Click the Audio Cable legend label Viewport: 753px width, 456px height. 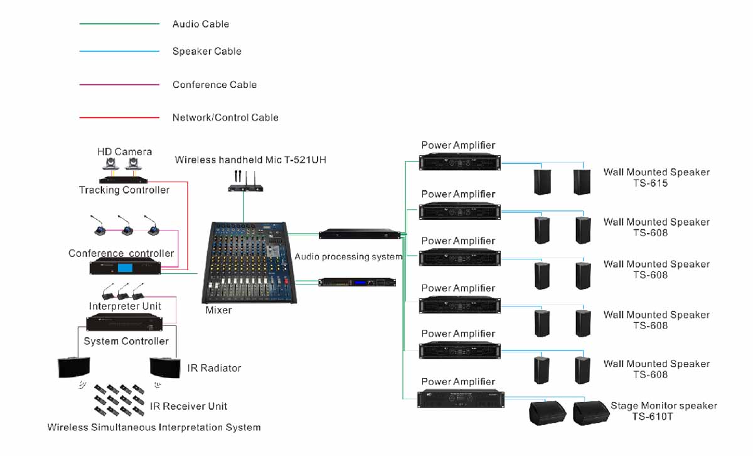pyautogui.click(x=201, y=24)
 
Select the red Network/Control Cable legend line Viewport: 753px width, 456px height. pyautogui.click(x=119, y=117)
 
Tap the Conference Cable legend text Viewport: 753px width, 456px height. pyautogui.click(x=215, y=85)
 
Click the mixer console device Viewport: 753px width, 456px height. pyautogui.click(x=247, y=264)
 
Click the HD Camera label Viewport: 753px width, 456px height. pyautogui.click(x=124, y=152)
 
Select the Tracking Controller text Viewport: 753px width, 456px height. pyautogui.click(x=124, y=190)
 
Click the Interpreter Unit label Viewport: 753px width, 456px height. pyautogui.click(x=125, y=307)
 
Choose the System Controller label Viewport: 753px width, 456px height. pyautogui.click(x=126, y=341)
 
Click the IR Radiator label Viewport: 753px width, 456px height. pyautogui.click(x=214, y=368)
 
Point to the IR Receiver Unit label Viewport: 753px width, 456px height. pyautogui.click(x=188, y=406)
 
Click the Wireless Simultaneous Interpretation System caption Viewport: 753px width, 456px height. pyautogui.click(x=154, y=428)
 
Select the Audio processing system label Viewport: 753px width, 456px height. pyautogui.click(x=348, y=257)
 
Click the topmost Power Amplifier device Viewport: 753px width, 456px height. pyautogui.click(x=459, y=162)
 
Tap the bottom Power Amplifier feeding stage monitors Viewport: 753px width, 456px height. pyautogui.click(x=459, y=400)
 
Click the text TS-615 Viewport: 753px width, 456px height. pyautogui.click(x=650, y=183)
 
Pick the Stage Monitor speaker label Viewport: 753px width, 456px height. pyautogui.click(x=664, y=406)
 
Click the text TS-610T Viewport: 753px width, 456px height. pyautogui.click(x=653, y=416)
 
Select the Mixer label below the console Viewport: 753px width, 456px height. pyautogui.click(x=218, y=310)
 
